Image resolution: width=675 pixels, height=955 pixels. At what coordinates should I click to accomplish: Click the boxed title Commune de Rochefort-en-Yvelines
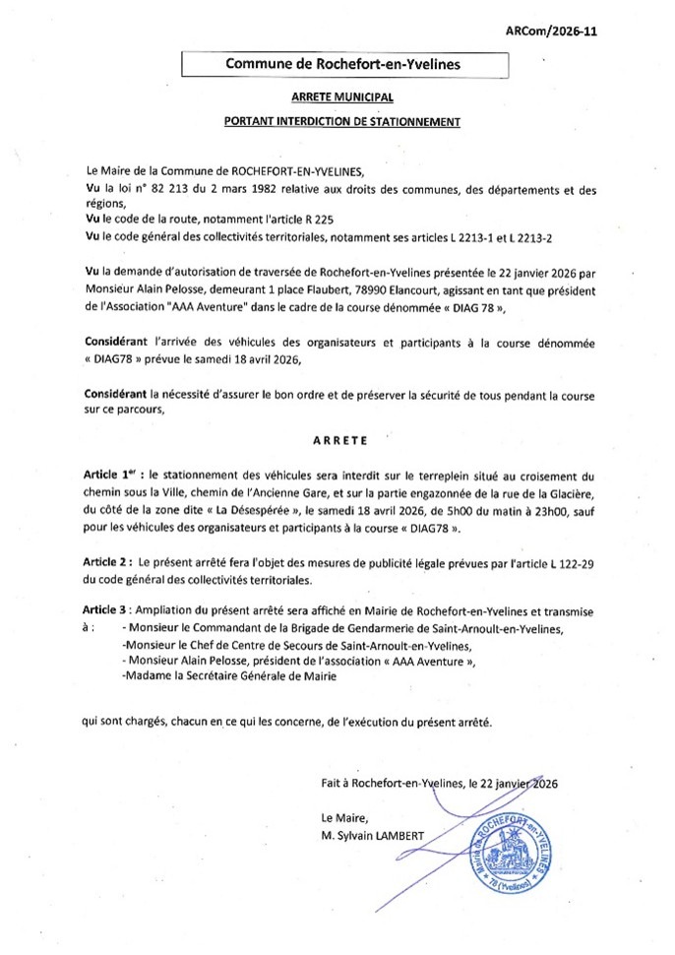coord(343,64)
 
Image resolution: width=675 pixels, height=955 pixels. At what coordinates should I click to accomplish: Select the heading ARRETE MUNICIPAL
coord(342,97)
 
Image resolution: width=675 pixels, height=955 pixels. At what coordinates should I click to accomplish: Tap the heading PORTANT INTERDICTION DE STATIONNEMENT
coord(342,122)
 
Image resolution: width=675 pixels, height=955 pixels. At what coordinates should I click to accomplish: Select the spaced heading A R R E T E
coord(341,440)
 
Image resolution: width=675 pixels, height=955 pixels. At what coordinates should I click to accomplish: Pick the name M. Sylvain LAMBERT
coord(374,836)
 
